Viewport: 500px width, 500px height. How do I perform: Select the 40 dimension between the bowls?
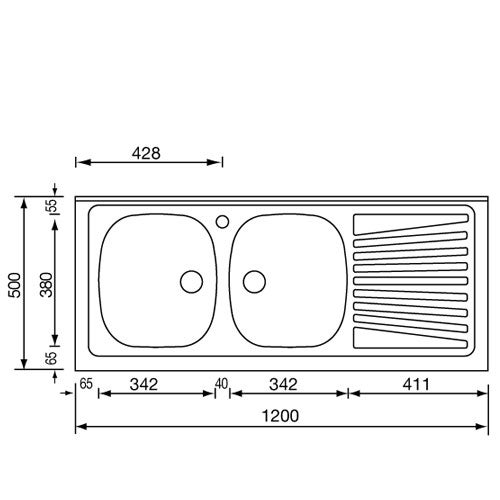(222, 383)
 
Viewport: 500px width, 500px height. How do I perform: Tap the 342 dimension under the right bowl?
(283, 383)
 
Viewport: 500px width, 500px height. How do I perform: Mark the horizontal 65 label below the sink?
(85, 383)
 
